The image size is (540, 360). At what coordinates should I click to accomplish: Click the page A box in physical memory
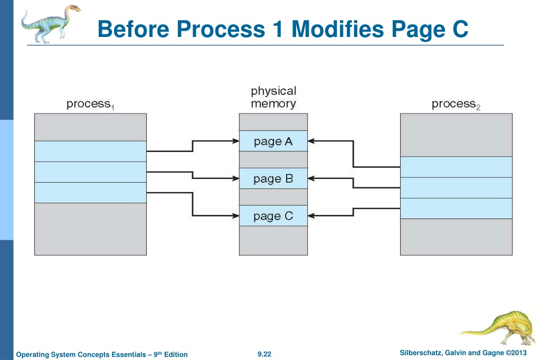point(273,141)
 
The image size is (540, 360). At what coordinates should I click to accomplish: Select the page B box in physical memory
point(273,178)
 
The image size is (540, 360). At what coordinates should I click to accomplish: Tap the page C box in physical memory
point(273,216)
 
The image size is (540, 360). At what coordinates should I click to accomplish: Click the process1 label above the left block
point(90,104)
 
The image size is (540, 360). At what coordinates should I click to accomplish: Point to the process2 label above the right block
point(456,104)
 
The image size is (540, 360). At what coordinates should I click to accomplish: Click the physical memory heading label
point(273,97)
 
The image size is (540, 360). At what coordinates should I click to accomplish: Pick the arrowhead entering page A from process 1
point(236,141)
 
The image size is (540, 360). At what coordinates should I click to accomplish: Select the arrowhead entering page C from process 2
point(311,216)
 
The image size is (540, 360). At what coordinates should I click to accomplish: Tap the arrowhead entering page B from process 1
point(236,178)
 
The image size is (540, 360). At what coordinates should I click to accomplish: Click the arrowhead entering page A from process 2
point(311,141)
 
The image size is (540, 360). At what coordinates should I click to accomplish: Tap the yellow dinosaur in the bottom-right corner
point(498,328)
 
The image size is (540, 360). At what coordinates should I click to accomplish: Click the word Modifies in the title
point(337,29)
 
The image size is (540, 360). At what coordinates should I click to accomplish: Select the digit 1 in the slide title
point(278,29)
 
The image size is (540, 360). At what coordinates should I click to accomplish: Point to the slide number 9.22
point(264,354)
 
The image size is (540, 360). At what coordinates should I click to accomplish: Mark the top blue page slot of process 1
point(91,151)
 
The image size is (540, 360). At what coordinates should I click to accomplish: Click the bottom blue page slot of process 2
point(456,209)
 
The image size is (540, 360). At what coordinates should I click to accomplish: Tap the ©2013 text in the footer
point(516,353)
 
